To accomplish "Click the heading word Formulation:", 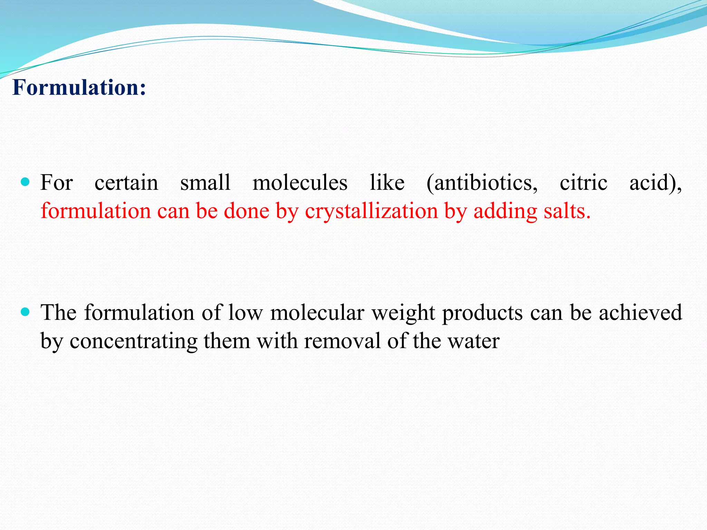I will coord(79,88).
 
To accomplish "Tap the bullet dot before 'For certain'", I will coord(25,181).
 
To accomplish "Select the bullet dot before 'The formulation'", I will coord(25,312).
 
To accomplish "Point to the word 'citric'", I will coord(583,183).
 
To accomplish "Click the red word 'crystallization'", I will coord(371,211).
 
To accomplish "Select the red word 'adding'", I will coord(505,211).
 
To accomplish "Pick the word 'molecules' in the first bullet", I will coord(300,183).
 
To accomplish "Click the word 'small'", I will coord(205,183).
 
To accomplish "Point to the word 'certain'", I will coord(126,183).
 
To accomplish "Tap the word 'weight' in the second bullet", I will coord(403,313).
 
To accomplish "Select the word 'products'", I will coord(483,313).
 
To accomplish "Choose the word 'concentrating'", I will coord(134,341).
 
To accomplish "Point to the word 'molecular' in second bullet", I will coord(317,313).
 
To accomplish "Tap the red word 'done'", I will coord(246,211).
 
